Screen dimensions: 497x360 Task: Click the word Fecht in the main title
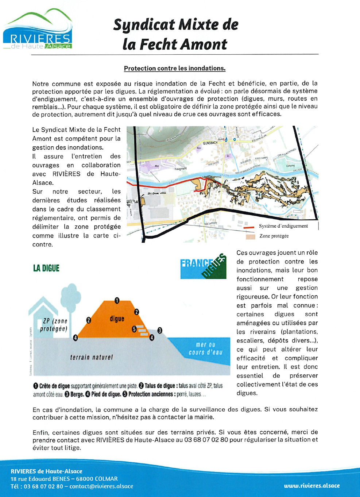(158, 45)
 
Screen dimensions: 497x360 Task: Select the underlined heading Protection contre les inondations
(175, 68)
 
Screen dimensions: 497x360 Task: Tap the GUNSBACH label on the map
(210, 143)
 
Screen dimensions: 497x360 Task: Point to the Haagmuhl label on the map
(181, 169)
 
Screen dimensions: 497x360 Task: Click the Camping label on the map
(290, 166)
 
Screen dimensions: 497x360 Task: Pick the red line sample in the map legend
(248, 227)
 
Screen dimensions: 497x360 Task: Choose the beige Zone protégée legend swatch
(250, 236)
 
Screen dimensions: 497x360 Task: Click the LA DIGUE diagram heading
(46, 268)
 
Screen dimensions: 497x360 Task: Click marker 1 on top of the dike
(117, 300)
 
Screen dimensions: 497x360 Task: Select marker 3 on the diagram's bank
(160, 331)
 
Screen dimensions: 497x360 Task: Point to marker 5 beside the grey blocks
(134, 329)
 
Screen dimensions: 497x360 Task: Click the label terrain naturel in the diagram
(92, 357)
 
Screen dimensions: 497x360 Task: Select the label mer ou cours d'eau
(205, 348)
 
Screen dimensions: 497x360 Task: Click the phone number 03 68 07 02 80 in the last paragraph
(206, 440)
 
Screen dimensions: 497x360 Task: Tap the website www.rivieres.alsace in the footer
(312, 486)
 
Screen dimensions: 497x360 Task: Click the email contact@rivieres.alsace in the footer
(101, 486)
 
